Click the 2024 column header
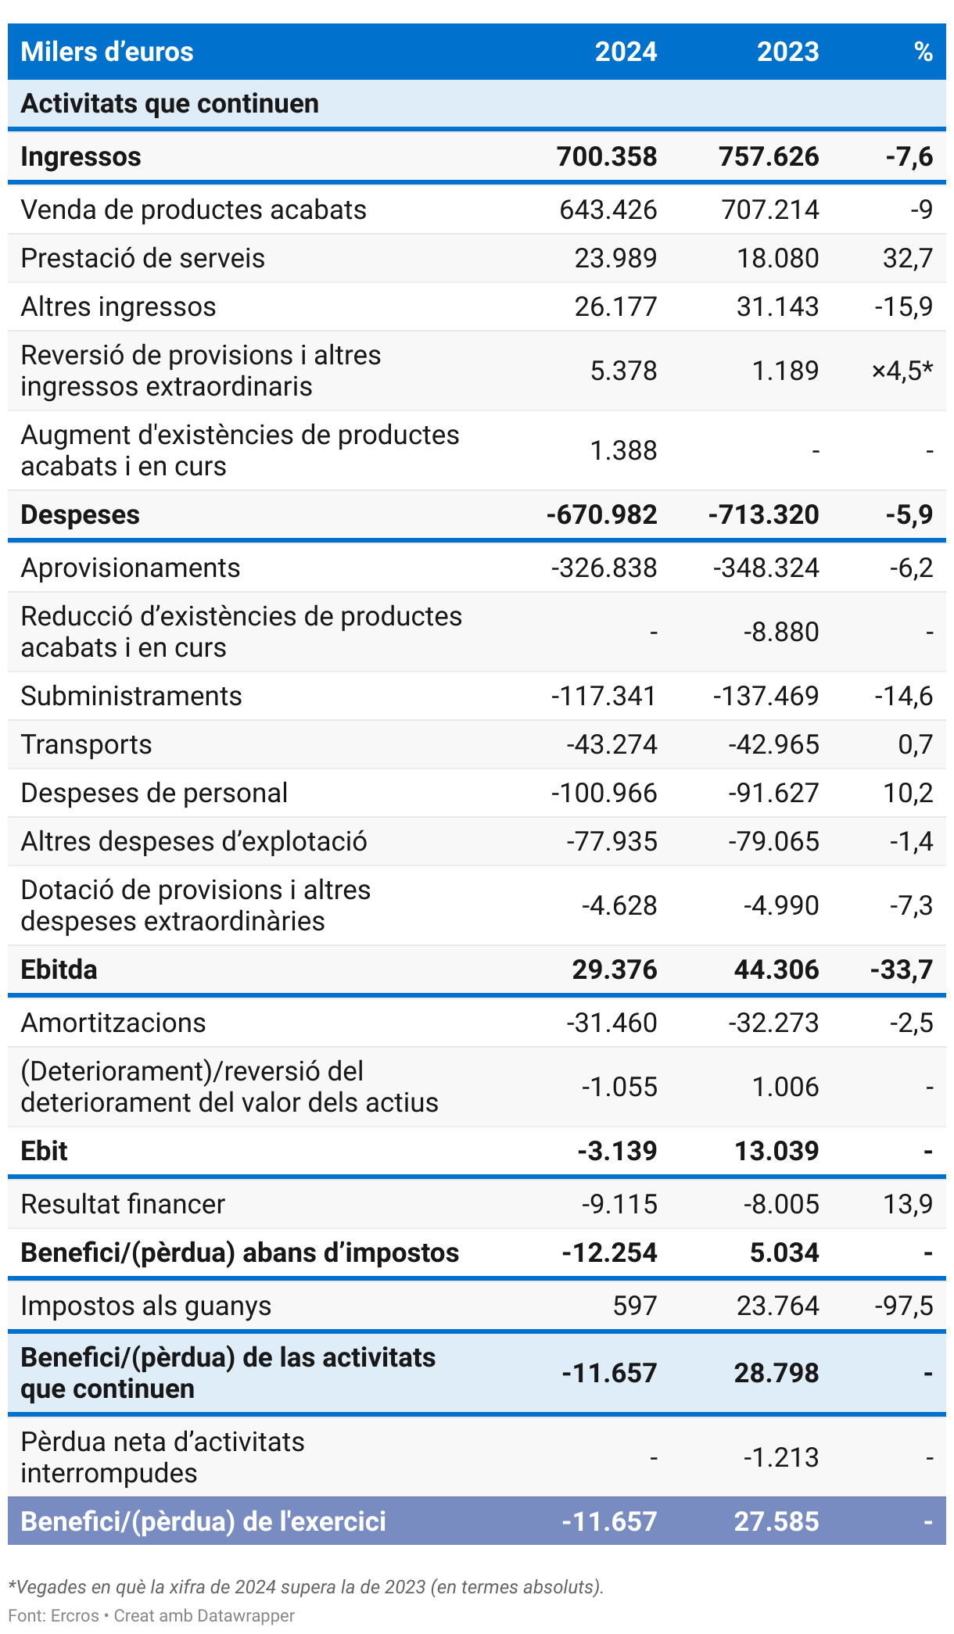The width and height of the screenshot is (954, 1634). [x=626, y=52]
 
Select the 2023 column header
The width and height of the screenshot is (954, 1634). [x=787, y=52]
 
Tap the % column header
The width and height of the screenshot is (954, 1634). [x=923, y=52]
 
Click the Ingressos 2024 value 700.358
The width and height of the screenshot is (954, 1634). [x=607, y=156]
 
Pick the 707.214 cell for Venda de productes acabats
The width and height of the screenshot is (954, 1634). [x=770, y=210]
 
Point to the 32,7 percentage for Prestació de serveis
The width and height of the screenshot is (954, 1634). [x=908, y=258]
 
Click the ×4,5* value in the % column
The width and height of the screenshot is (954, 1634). [x=902, y=371]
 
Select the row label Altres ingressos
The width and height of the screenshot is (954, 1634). [x=118, y=306]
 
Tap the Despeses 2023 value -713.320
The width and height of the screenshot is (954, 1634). [x=764, y=514]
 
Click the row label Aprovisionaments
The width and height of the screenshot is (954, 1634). [x=131, y=568]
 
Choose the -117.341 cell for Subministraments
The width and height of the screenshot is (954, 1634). [x=604, y=696]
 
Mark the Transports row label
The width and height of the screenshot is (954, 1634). [x=86, y=744]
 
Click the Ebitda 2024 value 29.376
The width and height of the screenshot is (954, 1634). [x=615, y=969]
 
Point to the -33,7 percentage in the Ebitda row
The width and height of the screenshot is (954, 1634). [x=902, y=969]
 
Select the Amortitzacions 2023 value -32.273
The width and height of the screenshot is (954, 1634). [x=773, y=1023]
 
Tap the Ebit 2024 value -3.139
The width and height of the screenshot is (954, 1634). [x=617, y=1151]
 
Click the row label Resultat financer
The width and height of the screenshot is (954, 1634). [x=123, y=1204]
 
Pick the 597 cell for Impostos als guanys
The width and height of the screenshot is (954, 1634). [x=635, y=1306]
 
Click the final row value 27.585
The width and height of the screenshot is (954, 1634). [x=776, y=1521]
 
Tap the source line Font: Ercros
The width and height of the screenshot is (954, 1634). [x=54, y=1615]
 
